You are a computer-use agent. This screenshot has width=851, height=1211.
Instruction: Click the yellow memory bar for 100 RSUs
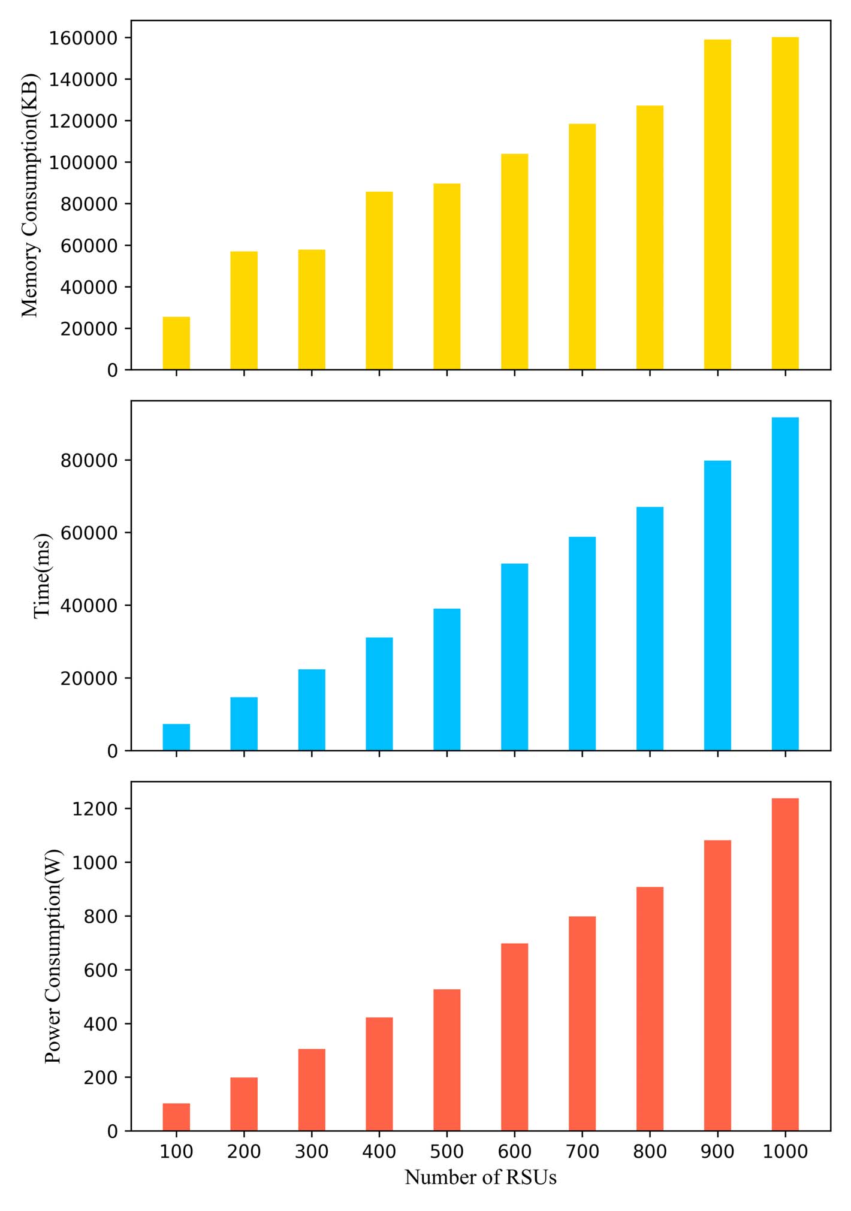pos(176,343)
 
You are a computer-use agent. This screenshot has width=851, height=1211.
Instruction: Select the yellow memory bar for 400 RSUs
pos(379,280)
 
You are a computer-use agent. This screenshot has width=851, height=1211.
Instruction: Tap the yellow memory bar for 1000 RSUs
pos(785,203)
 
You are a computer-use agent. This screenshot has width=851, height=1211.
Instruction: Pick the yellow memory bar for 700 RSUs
pos(582,246)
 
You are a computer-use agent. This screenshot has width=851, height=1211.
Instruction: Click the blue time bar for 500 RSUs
pos(447,680)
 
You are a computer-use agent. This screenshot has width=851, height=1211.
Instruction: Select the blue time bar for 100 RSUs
pos(176,737)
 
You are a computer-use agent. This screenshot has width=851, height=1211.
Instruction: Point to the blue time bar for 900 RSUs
pos(717,605)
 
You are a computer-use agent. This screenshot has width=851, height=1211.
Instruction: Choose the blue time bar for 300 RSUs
pos(312,709)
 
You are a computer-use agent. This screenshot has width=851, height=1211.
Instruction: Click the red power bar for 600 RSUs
pos(514,1037)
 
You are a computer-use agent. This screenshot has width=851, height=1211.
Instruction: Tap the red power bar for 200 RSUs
pos(244,1104)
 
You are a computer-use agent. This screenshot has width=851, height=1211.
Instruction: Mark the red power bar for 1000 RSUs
pos(785,965)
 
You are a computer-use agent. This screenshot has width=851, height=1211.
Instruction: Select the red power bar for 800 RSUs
pos(650,1009)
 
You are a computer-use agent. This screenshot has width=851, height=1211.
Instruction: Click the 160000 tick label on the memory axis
pos(83,38)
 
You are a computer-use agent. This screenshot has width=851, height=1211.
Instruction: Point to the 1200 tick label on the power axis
pos(95,809)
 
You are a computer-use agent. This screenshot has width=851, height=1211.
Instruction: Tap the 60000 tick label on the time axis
pos(89,533)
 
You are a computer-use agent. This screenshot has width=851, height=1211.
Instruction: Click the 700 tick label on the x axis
pos(582,1152)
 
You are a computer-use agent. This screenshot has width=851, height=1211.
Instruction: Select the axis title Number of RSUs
pos(481,1177)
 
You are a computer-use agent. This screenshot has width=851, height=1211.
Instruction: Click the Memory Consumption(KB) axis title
pos(30,195)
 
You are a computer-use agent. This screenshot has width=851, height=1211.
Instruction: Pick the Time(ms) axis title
pos(42,576)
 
